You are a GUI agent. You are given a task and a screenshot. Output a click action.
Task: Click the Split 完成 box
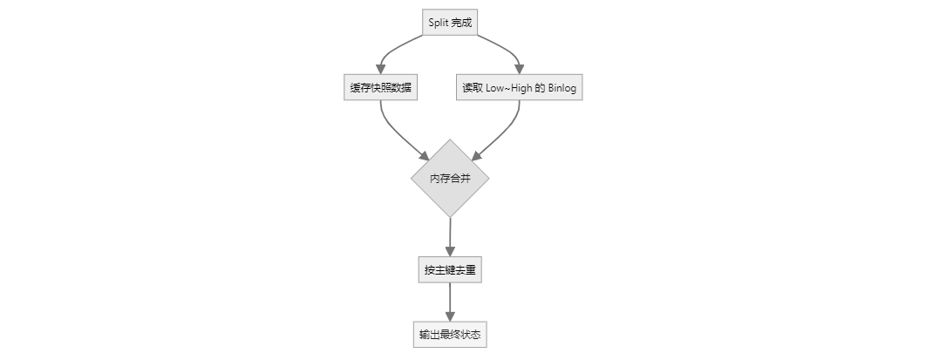click(450, 23)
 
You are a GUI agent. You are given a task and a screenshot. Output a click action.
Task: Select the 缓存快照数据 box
click(380, 88)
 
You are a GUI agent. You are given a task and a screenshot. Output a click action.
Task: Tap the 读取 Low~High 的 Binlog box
click(519, 88)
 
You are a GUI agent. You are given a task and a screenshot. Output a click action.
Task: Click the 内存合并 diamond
click(450, 178)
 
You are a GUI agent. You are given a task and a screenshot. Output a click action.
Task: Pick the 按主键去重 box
click(450, 270)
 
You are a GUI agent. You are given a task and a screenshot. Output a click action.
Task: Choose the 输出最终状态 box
click(450, 335)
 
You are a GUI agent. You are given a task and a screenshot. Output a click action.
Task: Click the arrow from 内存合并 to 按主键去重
click(450, 235)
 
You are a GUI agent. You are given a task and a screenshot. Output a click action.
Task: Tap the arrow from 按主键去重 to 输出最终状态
click(450, 302)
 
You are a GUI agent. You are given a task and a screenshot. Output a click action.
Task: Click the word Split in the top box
click(439, 23)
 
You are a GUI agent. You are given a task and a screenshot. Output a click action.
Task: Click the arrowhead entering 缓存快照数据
click(380, 70)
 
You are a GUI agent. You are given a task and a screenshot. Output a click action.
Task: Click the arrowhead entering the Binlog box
click(520, 70)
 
